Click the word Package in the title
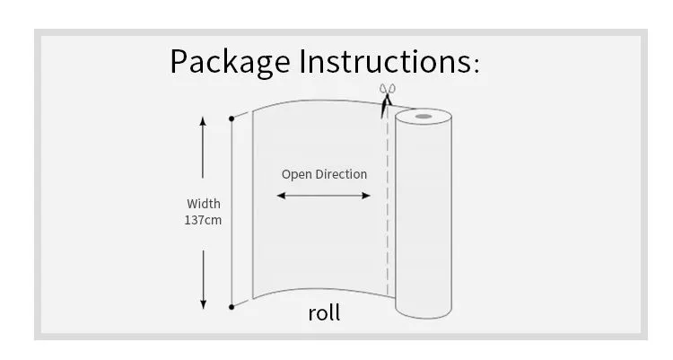click(x=230, y=62)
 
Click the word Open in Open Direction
click(x=297, y=174)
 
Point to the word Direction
click(x=341, y=174)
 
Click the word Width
click(x=204, y=204)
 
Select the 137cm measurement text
click(x=203, y=220)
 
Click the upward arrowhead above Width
click(x=204, y=121)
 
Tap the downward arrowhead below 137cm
click(x=204, y=303)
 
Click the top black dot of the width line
click(x=232, y=117)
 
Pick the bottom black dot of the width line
click(x=232, y=307)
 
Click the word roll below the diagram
click(x=324, y=313)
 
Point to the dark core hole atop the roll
click(x=422, y=116)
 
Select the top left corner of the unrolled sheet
click(x=253, y=110)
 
